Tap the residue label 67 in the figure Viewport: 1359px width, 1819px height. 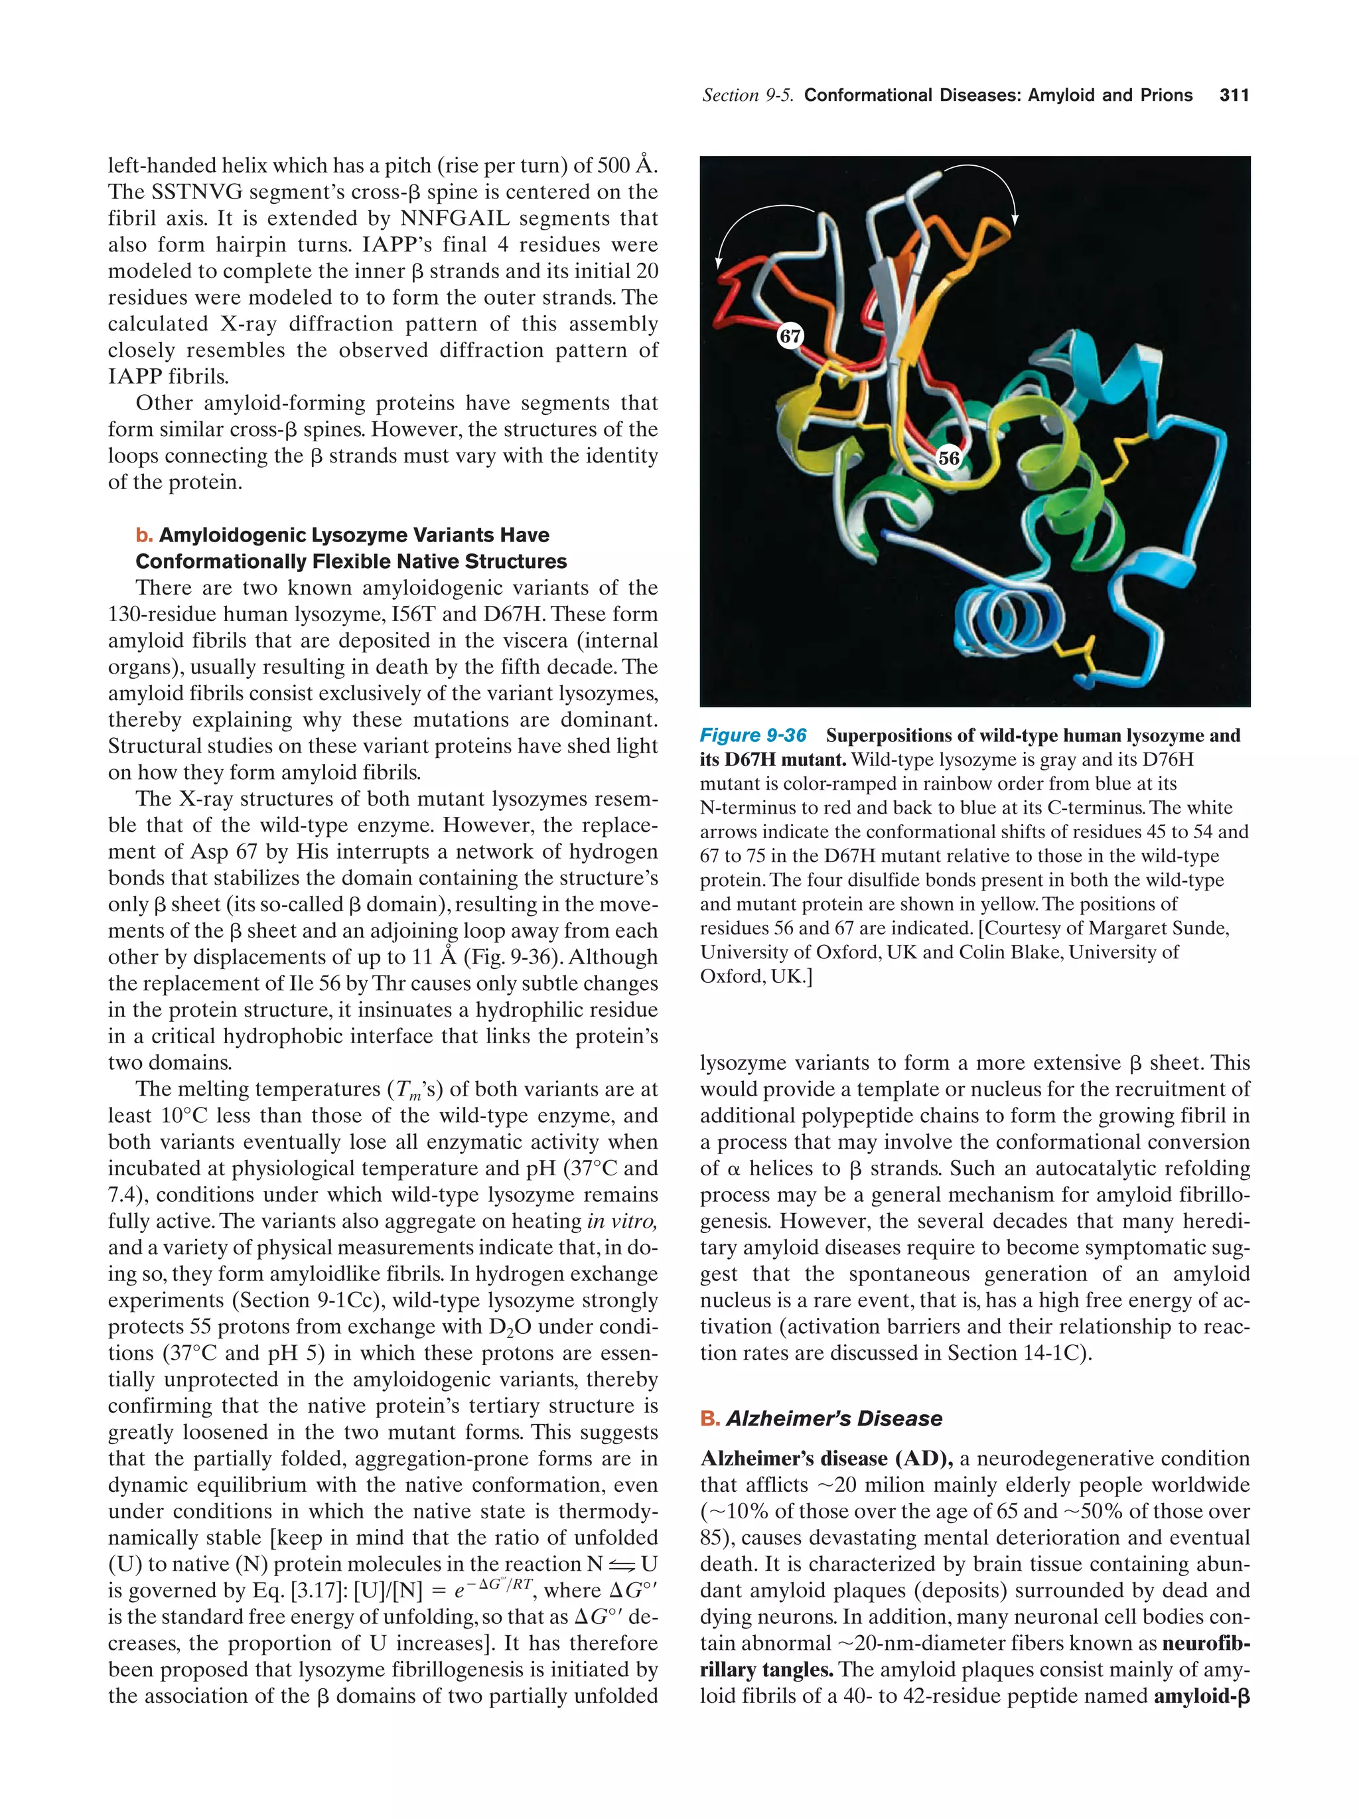point(790,336)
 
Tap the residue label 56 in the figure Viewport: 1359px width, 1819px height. point(949,458)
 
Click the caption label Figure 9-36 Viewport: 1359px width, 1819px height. point(752,735)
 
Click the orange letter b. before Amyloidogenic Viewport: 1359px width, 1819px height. point(144,536)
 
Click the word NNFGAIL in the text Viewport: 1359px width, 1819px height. point(454,219)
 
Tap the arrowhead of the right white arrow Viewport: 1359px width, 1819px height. point(1015,219)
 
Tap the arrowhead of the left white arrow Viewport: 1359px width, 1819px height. point(718,263)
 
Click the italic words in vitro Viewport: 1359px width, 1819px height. point(622,1221)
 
